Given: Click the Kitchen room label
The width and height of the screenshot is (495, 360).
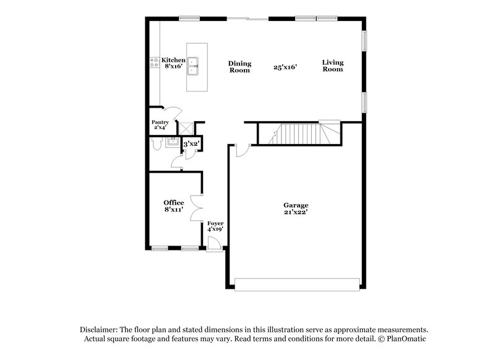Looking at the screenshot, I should [173, 60].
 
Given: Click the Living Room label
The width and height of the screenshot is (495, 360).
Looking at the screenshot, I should [332, 66].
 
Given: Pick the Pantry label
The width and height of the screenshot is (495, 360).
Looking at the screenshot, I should [160, 122].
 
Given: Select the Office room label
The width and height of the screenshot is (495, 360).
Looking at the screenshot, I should [173, 202].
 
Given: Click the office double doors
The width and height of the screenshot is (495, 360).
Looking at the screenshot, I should [196, 208].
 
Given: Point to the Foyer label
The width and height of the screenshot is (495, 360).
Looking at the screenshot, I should [215, 223].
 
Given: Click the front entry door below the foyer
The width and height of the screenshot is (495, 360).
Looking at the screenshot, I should [214, 247].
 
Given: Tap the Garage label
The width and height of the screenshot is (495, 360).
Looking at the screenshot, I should [296, 205].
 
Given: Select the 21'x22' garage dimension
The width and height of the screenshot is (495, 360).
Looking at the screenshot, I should [296, 212].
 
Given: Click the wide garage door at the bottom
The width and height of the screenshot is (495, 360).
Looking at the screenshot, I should [297, 284].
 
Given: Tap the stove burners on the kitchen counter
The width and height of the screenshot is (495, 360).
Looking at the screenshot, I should [152, 61].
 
